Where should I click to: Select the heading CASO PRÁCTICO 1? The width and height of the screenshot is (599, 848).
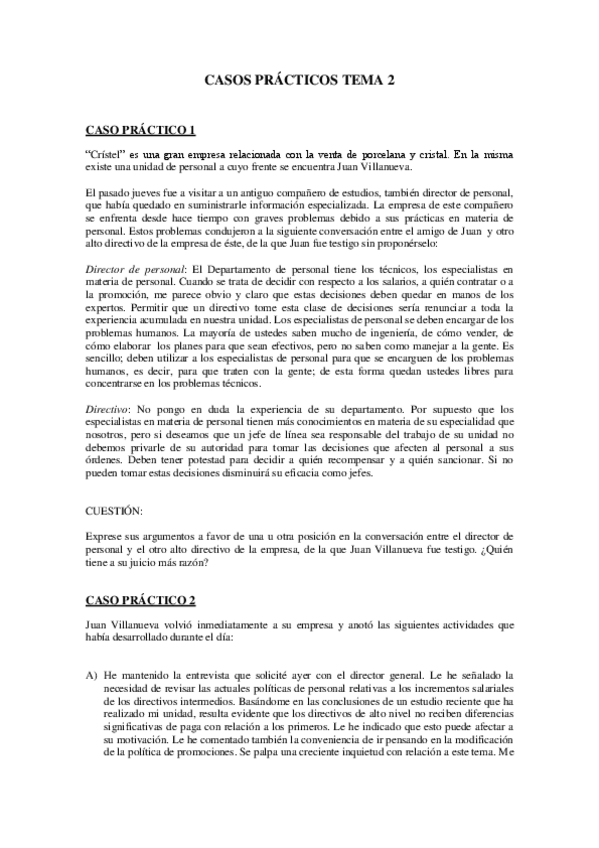point(141,130)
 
